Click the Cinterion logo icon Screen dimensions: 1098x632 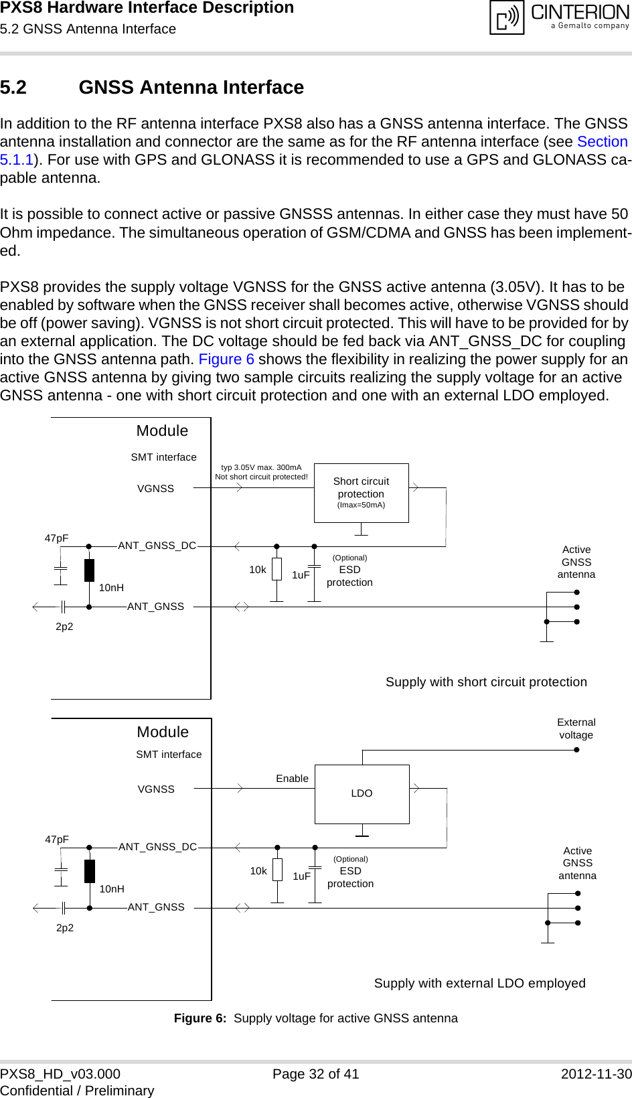click(507, 17)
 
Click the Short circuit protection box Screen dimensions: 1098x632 click(361, 492)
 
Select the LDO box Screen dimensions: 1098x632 click(362, 793)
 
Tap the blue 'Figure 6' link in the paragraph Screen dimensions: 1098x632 click(226, 360)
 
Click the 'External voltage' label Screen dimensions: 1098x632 click(576, 728)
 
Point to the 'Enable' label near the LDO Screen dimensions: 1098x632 click(292, 779)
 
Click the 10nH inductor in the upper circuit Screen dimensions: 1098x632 click(89, 570)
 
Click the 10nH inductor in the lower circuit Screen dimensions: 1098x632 click(90, 871)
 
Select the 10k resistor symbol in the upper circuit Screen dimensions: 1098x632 click(276, 570)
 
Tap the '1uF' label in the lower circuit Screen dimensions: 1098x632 click(301, 876)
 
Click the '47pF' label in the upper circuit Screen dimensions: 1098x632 click(56, 538)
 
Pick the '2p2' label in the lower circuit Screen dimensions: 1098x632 click(65, 928)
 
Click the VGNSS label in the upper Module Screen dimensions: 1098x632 click(155, 489)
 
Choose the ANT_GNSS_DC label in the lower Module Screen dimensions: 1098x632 click(157, 847)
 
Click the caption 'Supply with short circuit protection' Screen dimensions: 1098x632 click(486, 682)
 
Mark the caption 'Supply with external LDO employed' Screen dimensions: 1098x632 click(479, 984)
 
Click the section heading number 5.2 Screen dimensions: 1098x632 click(13, 88)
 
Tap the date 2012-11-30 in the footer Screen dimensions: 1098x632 click(596, 1074)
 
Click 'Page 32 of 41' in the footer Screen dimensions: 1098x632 click(315, 1074)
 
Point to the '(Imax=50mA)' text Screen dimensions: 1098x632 click(361, 505)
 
